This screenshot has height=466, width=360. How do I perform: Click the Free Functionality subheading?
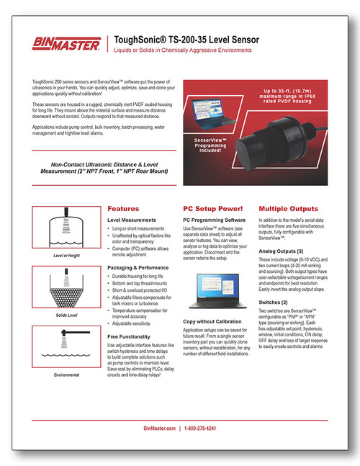click(135, 336)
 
